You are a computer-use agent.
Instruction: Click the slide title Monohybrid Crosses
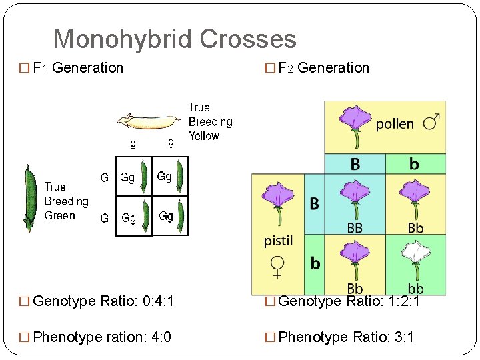(x=175, y=39)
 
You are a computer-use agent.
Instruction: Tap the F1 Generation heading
(x=77, y=68)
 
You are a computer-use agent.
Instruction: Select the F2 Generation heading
(x=323, y=68)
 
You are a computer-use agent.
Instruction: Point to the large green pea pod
(x=29, y=194)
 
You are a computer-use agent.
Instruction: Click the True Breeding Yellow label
(x=210, y=121)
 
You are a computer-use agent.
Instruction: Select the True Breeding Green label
(x=66, y=201)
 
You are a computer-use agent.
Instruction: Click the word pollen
(x=395, y=124)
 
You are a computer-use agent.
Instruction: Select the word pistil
(x=278, y=241)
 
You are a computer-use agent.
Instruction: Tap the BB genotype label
(x=355, y=227)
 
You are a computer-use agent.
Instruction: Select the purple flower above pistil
(x=277, y=200)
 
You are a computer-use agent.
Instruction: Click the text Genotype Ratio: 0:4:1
(x=103, y=302)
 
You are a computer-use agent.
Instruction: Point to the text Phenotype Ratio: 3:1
(x=345, y=337)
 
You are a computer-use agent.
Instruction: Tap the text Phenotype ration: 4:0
(x=101, y=337)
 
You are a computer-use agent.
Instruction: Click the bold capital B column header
(x=355, y=164)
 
